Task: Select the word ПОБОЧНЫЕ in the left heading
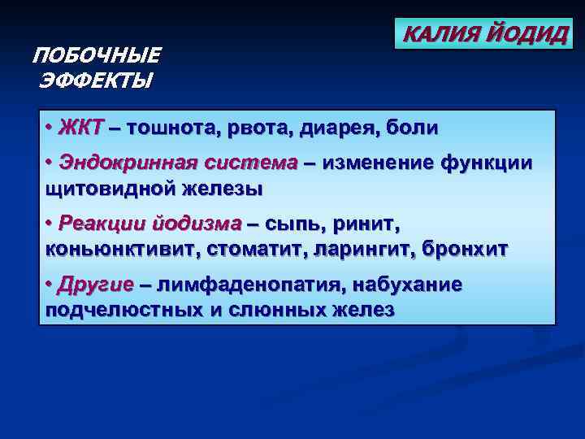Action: pyautogui.click(x=97, y=56)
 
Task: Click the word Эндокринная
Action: pyautogui.click(x=126, y=163)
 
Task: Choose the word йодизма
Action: pyautogui.click(x=197, y=224)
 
